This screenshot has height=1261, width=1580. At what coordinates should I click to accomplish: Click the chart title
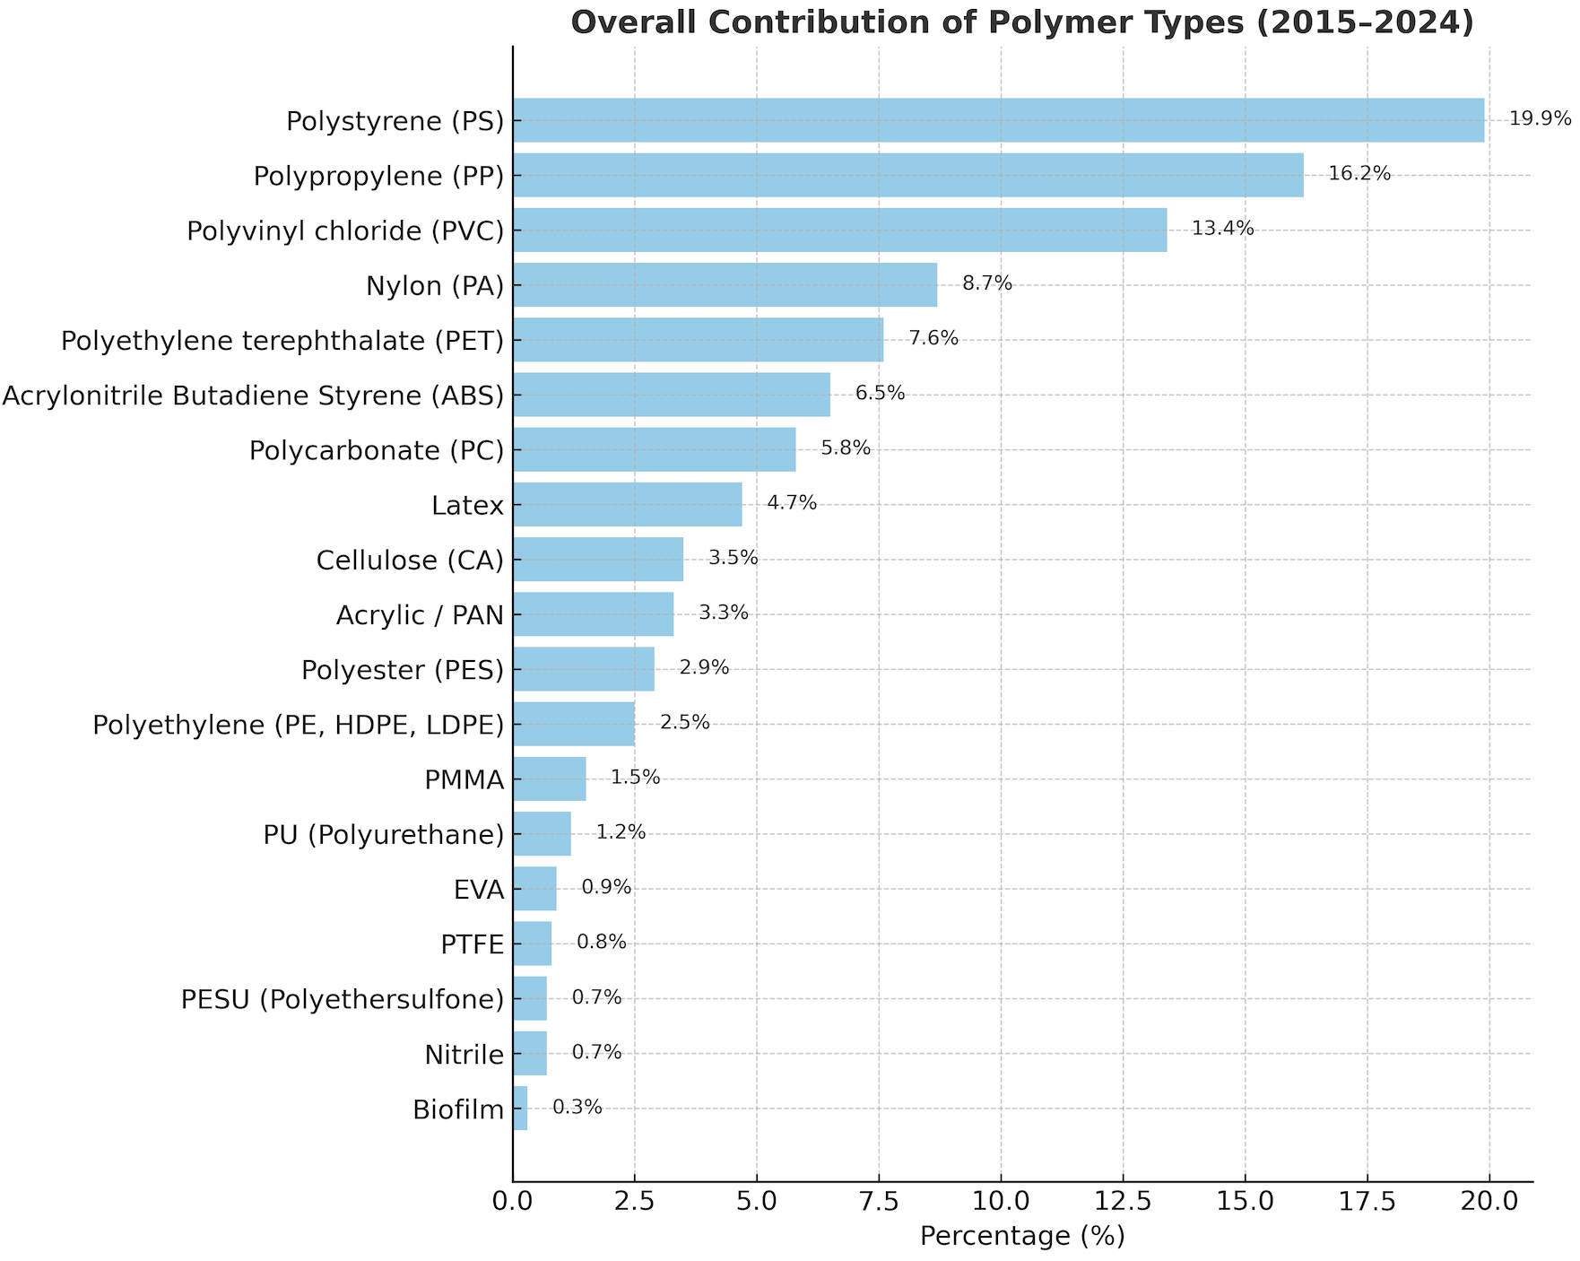(1022, 22)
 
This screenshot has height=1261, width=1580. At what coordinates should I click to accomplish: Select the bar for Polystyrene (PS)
(998, 120)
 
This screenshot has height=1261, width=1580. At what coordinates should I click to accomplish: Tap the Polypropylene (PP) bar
(907, 175)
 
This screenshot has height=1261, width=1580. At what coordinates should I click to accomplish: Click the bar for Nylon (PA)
(725, 285)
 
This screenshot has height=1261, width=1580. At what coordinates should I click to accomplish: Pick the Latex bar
(627, 505)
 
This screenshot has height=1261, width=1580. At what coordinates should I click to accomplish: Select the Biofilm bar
(520, 1109)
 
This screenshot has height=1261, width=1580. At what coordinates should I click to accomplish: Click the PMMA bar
(549, 778)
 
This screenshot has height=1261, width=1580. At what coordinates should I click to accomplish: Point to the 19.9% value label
(1540, 119)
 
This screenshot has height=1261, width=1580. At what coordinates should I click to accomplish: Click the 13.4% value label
(1222, 229)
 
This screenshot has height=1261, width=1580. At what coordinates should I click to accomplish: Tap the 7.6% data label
(933, 339)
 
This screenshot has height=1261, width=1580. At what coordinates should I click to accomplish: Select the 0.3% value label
(577, 1108)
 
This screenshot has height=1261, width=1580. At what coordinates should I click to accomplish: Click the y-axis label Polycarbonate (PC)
(377, 450)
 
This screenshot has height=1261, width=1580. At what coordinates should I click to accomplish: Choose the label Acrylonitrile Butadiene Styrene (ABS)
(253, 396)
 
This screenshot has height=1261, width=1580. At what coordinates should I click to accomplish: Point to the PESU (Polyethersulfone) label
(343, 999)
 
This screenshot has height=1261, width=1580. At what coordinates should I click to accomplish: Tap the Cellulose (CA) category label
(410, 561)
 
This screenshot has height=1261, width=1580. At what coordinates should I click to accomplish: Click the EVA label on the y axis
(479, 890)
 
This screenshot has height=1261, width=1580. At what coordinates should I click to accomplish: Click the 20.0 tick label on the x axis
(1489, 1199)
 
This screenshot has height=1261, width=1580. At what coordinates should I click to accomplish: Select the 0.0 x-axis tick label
(513, 1199)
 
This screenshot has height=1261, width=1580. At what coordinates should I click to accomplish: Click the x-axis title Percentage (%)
(1022, 1237)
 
